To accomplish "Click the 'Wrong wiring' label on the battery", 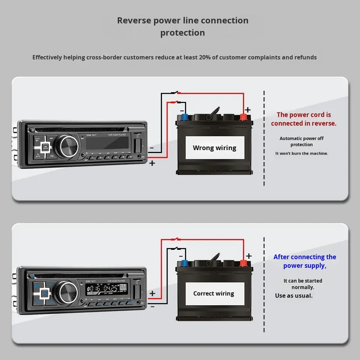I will pos(214,148).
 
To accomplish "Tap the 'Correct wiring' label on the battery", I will pos(214,294).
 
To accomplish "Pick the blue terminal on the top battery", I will pos(184,117).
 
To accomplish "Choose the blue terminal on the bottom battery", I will pos(184,262).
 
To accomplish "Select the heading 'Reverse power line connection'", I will pos(183,20).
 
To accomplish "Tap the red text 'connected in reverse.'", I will pos(304,123).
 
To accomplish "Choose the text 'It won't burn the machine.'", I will pos(301,153).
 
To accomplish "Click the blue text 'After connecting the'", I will pos(304,257).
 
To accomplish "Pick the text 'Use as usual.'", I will pos(294,295).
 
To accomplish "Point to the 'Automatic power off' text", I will pos(301,138).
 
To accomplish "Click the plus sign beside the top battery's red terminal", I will pos(248,109).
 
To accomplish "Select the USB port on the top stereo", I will pos(138,144).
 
